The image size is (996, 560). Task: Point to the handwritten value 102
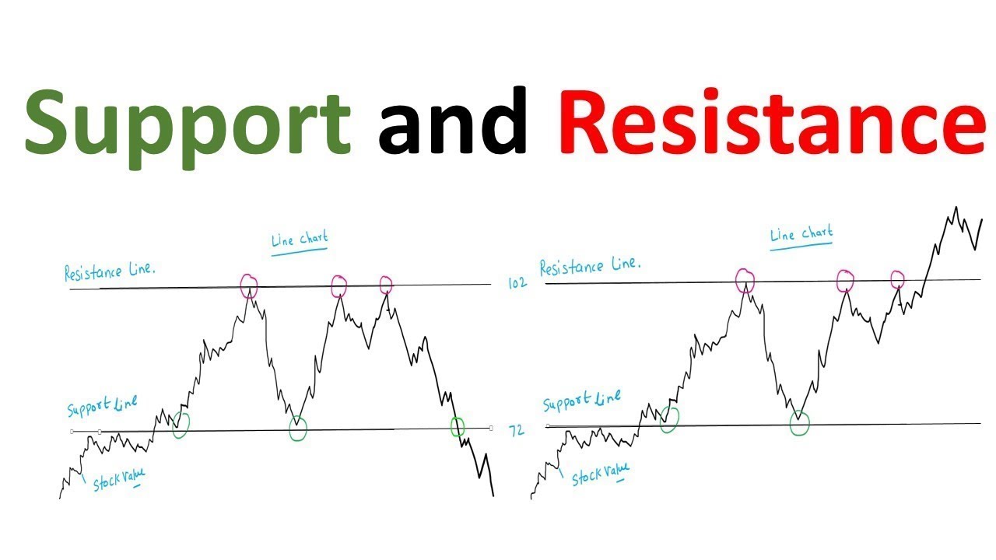(x=517, y=283)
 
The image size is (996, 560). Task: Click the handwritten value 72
(x=517, y=430)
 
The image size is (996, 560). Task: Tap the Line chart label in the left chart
(x=300, y=240)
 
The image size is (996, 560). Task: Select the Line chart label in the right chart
(x=801, y=233)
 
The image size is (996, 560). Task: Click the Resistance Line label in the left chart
(x=110, y=271)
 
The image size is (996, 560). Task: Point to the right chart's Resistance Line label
(x=591, y=267)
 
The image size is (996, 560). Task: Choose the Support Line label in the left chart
(x=102, y=407)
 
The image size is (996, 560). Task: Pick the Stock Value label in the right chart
(x=600, y=474)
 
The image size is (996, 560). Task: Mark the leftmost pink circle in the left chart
(x=248, y=285)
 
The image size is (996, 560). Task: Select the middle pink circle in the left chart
(x=338, y=286)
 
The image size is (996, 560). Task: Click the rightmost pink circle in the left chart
(x=386, y=285)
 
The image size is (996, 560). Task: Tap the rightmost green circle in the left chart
(x=458, y=426)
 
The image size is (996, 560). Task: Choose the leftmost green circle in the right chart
(x=668, y=419)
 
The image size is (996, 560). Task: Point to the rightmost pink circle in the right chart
(x=897, y=278)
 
